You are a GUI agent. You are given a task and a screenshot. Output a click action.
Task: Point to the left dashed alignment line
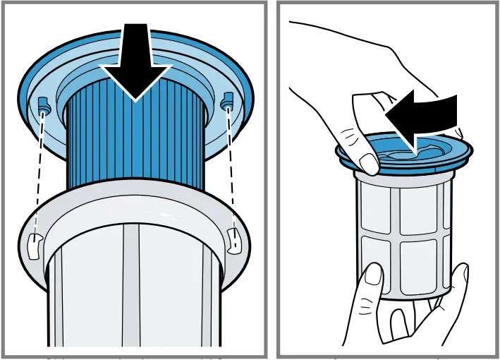coord(38,169)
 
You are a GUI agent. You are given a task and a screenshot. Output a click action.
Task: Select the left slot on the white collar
coord(32,244)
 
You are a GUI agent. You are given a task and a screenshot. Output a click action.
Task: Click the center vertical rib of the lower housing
coord(134,296)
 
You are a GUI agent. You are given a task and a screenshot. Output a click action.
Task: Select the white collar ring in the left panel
coord(134,212)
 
